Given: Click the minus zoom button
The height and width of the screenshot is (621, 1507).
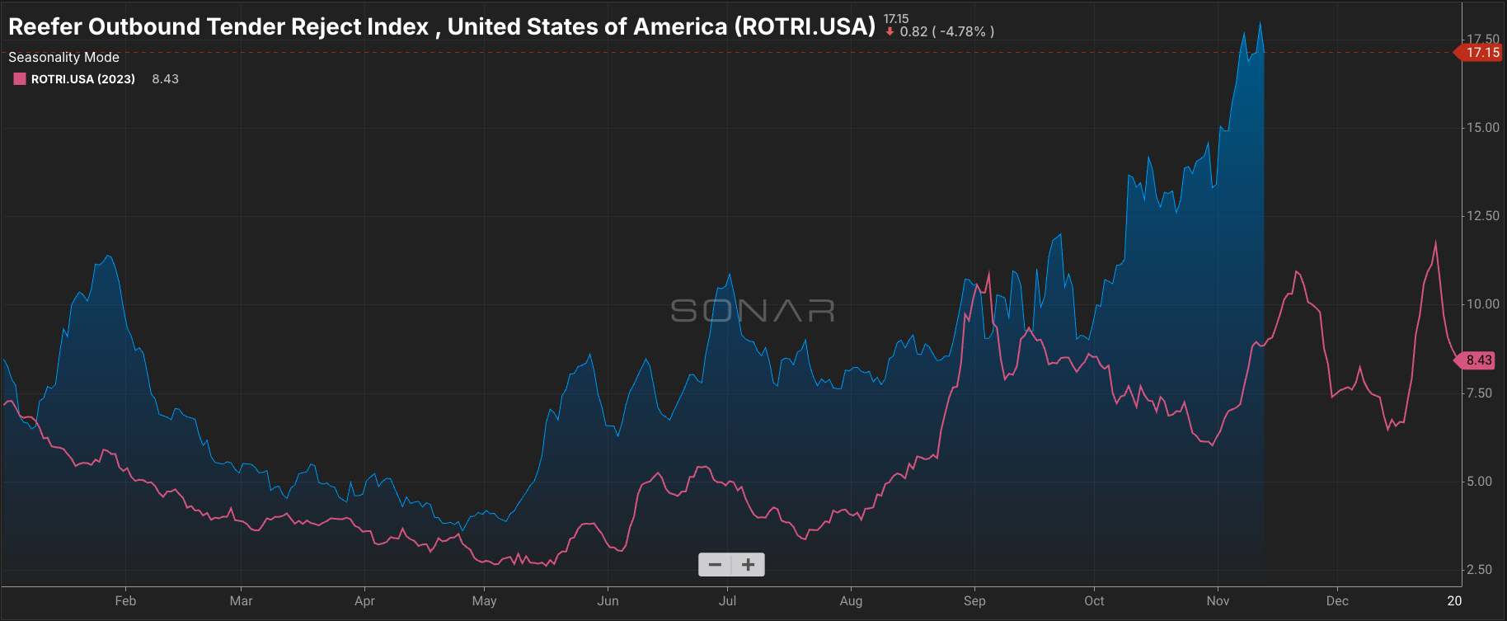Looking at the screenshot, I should pyautogui.click(x=715, y=565).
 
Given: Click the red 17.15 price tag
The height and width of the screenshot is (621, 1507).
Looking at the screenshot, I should pyautogui.click(x=1481, y=53).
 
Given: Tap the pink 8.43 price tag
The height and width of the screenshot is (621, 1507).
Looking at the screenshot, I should pyautogui.click(x=1478, y=360).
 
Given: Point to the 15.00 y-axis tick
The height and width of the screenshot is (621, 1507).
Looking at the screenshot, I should pyautogui.click(x=1482, y=128).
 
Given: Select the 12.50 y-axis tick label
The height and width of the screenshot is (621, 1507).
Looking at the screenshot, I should pyautogui.click(x=1482, y=216).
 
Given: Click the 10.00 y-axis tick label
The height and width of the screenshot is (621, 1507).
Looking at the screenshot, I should pyautogui.click(x=1482, y=304).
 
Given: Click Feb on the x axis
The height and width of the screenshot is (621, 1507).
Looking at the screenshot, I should pyautogui.click(x=125, y=601).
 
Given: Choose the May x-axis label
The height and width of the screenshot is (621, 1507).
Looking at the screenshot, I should pyautogui.click(x=484, y=601).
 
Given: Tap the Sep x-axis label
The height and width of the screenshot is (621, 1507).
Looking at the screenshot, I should pyautogui.click(x=974, y=601).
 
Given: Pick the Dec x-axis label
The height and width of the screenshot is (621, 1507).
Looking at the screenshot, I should pyautogui.click(x=1337, y=601).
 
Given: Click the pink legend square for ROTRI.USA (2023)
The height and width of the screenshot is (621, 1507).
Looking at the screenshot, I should pyautogui.click(x=20, y=79).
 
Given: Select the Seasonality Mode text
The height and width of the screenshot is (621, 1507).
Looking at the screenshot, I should pyautogui.click(x=63, y=57).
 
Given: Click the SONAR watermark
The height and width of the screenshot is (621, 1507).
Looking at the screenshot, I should pyautogui.click(x=752, y=311).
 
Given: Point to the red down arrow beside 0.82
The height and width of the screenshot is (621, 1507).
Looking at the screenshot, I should pyautogui.click(x=890, y=32).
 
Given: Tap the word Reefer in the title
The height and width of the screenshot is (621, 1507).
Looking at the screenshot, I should pyautogui.click(x=45, y=26).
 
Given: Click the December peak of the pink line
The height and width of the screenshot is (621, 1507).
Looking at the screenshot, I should pyautogui.click(x=1435, y=242).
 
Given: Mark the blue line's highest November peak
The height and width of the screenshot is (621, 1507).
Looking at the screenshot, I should pyautogui.click(x=1260, y=22).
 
